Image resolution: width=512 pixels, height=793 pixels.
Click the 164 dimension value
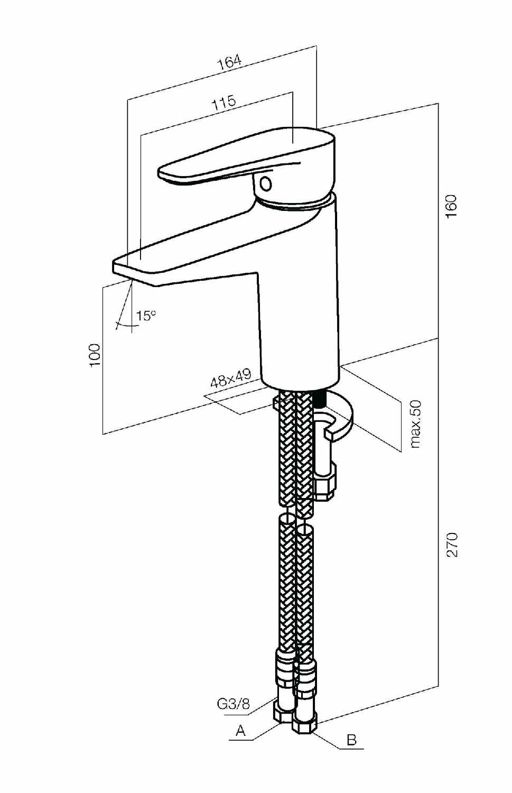coord(229,62)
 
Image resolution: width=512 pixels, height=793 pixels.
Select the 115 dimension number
coord(224,103)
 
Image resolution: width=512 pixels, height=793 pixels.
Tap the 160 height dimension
coord(451,206)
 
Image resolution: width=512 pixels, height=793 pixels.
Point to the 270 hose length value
coord(452,545)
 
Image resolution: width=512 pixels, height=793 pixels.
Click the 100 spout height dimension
coord(95,355)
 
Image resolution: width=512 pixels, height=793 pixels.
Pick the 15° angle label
coord(146,315)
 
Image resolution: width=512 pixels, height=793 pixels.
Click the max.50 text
coord(416,424)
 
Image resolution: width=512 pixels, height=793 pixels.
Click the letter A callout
coord(240,730)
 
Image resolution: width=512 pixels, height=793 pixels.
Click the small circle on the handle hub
coord(265,185)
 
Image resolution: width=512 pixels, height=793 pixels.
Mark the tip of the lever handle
coord(160,173)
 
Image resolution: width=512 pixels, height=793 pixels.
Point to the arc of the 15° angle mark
coord(124,325)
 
